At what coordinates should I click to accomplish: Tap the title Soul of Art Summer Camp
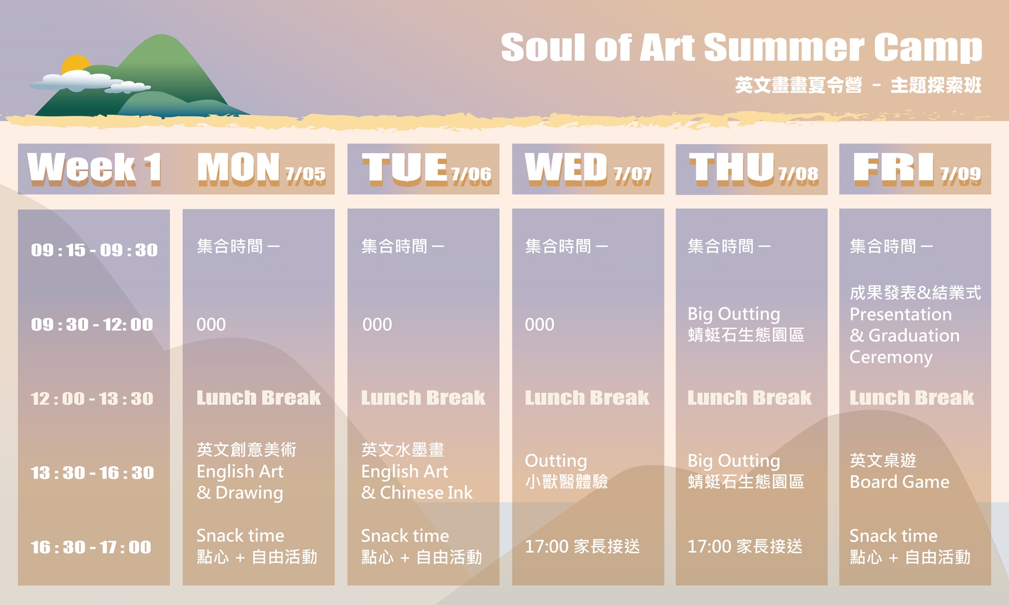(x=742, y=47)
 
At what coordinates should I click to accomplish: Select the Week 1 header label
(x=94, y=168)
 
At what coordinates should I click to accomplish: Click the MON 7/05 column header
(x=261, y=168)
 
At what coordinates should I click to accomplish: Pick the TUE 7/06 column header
(x=426, y=168)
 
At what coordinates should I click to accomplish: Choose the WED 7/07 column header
(x=588, y=168)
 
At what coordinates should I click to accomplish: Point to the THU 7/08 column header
(x=754, y=168)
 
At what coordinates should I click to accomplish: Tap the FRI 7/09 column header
(x=917, y=168)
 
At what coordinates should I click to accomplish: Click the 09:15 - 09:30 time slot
(x=94, y=250)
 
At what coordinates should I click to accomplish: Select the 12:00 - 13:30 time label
(x=92, y=399)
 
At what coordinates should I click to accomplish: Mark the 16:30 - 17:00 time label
(x=91, y=548)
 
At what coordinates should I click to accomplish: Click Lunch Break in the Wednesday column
(x=587, y=398)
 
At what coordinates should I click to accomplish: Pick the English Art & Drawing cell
(x=247, y=471)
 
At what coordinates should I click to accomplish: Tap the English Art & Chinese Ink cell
(x=417, y=471)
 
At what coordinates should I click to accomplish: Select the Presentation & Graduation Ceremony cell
(x=915, y=325)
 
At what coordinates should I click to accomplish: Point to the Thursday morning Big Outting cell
(x=746, y=324)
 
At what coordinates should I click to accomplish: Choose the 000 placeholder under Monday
(x=211, y=325)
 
